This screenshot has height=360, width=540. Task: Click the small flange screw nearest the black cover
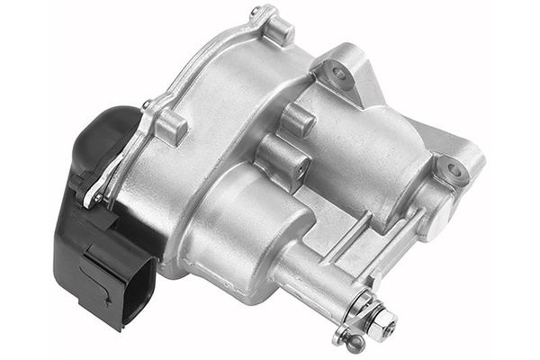[x=147, y=105]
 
